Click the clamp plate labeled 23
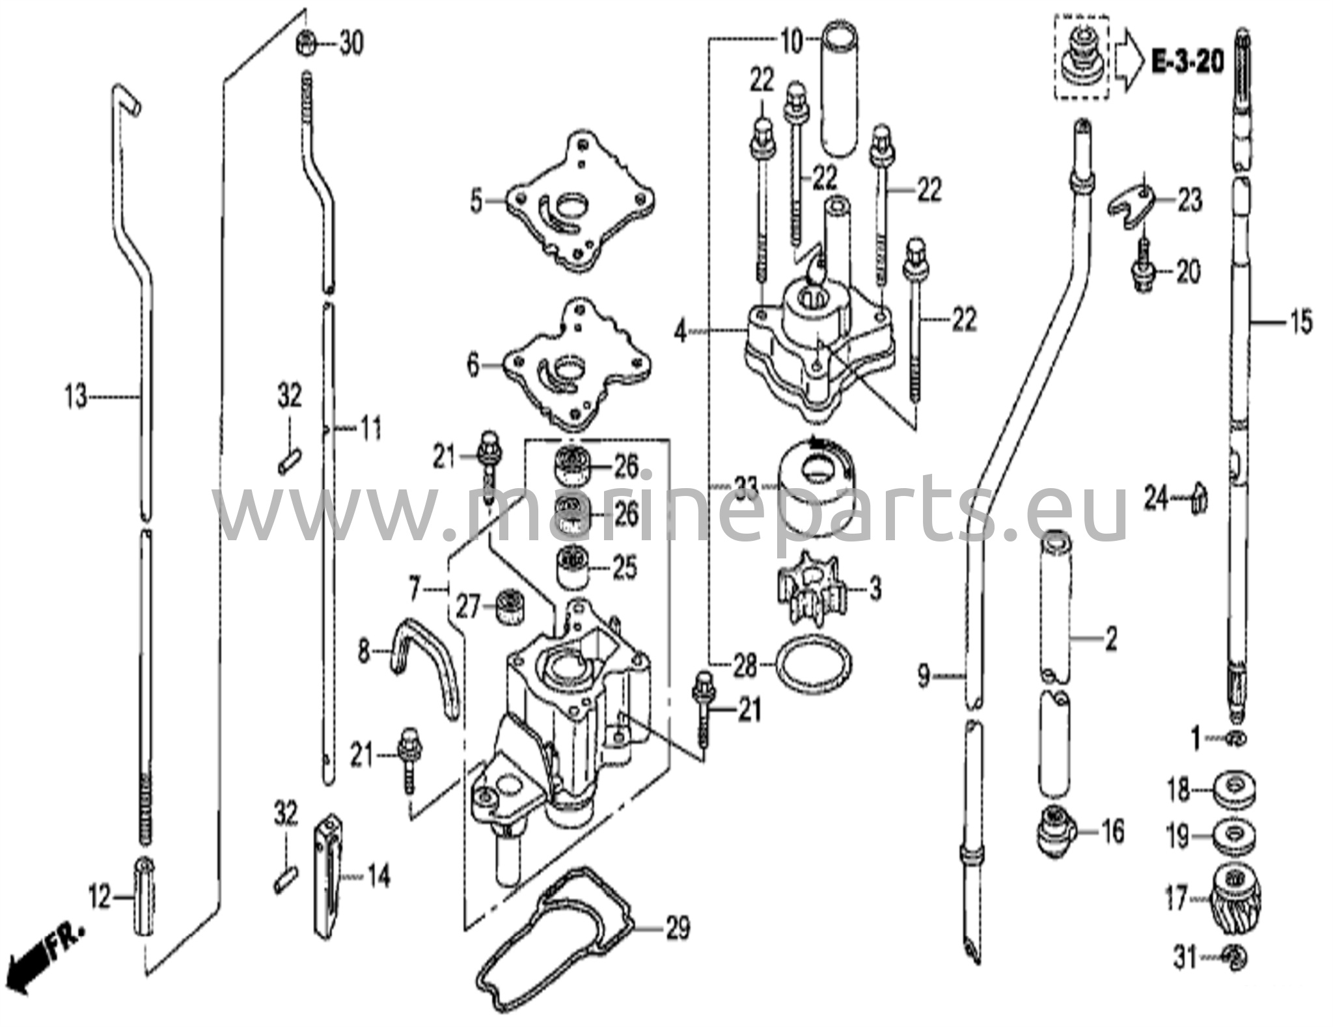(x=1133, y=207)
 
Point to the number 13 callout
(x=76, y=396)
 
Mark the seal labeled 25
(x=571, y=568)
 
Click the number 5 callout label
(x=477, y=202)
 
